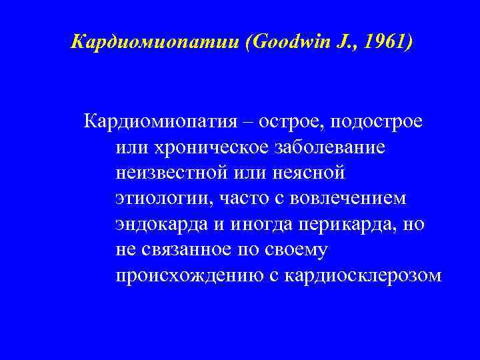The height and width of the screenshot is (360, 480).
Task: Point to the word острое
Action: click(x=289, y=123)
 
